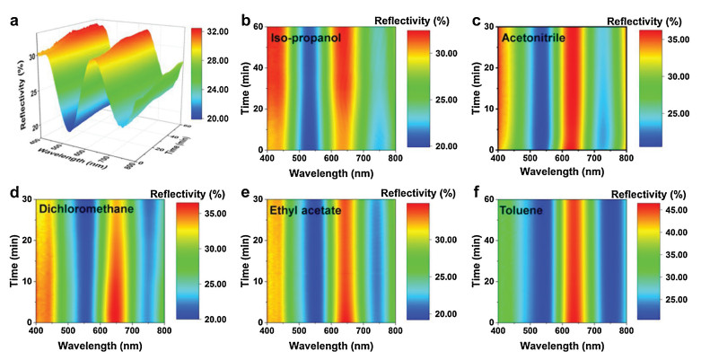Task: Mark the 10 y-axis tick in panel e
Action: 260,281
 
